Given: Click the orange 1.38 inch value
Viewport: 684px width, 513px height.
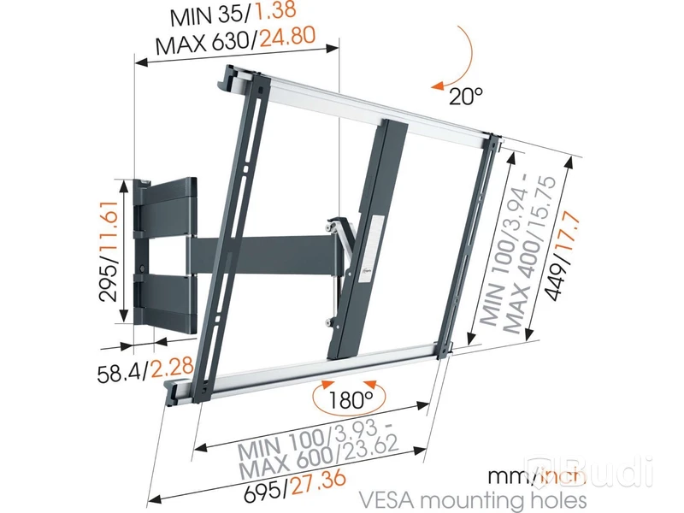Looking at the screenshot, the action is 274,10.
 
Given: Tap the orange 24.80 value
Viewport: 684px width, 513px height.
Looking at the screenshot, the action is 287,38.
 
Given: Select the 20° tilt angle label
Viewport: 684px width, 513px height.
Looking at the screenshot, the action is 466,96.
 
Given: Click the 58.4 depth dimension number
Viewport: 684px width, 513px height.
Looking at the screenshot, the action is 121,374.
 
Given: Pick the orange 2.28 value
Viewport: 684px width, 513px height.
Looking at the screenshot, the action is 172,369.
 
